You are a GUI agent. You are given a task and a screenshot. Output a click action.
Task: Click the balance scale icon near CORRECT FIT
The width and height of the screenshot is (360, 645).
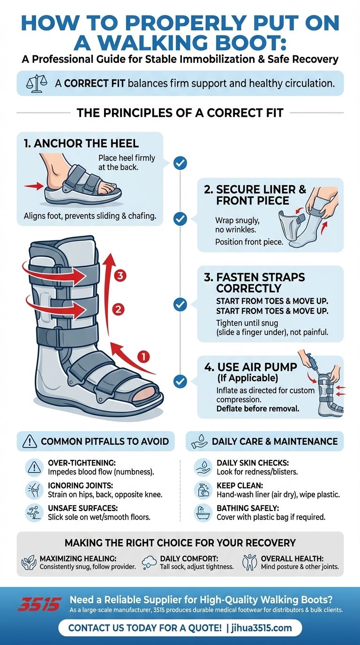[35, 83]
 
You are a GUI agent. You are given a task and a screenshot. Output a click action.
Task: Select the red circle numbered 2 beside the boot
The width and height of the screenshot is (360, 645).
[118, 309]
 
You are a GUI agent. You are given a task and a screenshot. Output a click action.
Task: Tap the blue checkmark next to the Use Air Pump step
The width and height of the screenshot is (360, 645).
[180, 381]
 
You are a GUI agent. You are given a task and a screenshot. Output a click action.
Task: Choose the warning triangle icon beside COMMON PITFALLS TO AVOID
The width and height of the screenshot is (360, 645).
[30, 441]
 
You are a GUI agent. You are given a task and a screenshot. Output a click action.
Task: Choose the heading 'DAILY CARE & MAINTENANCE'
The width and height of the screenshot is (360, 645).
[275, 441]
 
